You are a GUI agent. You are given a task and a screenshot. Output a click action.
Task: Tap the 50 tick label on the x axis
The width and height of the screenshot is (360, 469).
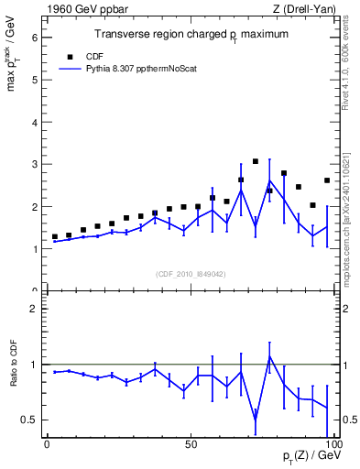pyautogui.click(x=191, y=444)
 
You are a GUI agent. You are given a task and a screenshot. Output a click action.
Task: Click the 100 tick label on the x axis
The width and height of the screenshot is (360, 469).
pyautogui.click(x=333, y=444)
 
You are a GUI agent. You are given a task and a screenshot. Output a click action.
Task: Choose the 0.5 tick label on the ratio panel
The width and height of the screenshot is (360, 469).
pyautogui.click(x=29, y=420)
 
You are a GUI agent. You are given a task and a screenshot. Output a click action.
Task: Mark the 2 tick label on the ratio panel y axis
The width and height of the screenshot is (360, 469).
pyautogui.click(x=35, y=309)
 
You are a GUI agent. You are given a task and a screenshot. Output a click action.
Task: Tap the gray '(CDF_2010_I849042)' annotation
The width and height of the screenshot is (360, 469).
pyautogui.click(x=190, y=274)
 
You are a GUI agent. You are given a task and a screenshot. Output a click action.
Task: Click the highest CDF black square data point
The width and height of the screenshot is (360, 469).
pyautogui.click(x=256, y=161)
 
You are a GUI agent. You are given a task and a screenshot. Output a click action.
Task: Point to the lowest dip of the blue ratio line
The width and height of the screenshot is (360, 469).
pyautogui.click(x=256, y=420)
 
